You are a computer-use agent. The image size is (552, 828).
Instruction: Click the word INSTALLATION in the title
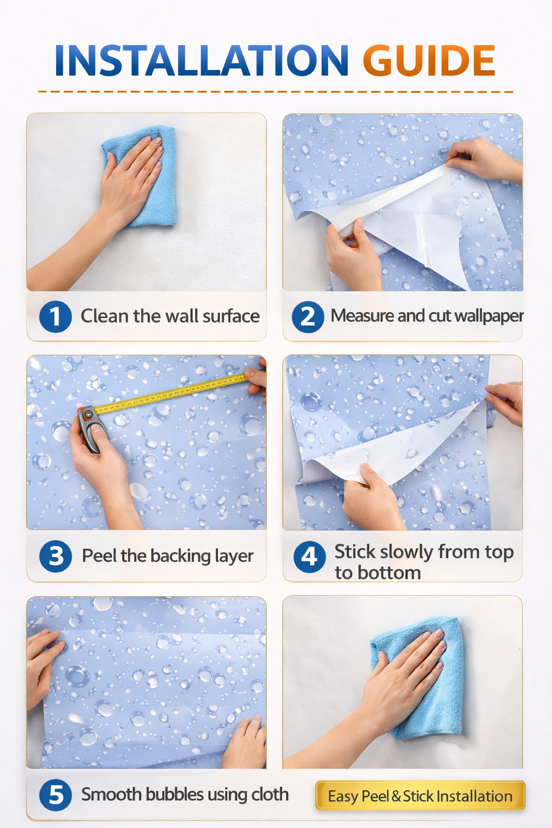coord(201,60)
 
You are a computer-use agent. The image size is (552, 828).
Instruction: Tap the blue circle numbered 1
coord(56,316)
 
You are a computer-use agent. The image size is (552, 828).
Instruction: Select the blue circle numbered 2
coord(308,316)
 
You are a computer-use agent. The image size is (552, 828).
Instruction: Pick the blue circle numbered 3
coord(56,556)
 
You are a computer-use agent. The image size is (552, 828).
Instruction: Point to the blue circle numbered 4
coord(310,557)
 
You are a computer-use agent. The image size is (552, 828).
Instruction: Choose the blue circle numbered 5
coord(56,796)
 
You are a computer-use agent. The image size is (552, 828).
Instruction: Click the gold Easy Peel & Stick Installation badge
coord(420,796)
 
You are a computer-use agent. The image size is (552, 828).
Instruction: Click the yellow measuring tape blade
coord(170,393)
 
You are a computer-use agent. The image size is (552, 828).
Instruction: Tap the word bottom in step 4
coord(378,573)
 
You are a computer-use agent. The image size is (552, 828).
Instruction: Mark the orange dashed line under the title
coord(276,91)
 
